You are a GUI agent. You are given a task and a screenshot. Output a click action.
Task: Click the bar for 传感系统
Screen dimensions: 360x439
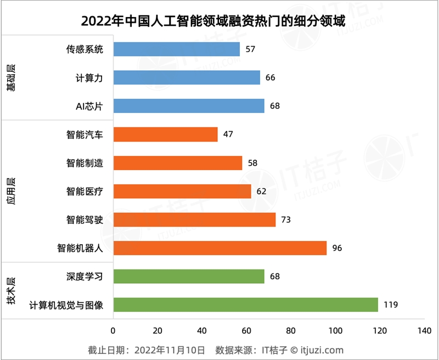[x=176, y=49]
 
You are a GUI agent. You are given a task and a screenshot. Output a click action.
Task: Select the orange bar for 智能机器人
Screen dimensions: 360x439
[x=219, y=248]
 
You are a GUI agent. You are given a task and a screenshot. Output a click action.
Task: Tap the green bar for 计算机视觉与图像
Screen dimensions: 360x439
[x=245, y=305]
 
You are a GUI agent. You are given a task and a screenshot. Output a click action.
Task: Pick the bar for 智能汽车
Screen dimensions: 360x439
[x=165, y=134]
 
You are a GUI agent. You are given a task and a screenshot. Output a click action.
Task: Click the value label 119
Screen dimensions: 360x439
[x=391, y=305]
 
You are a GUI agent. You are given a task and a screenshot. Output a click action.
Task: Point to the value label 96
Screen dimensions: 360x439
[x=337, y=248]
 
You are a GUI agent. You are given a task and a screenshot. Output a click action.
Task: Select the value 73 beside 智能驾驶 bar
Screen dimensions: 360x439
[x=285, y=220]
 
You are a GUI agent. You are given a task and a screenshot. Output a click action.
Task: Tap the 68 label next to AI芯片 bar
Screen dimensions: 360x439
[x=274, y=106]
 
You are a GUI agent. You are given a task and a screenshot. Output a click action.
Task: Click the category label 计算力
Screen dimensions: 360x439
[x=89, y=78]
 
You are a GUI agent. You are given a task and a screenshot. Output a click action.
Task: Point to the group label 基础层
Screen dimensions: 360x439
[x=10, y=77]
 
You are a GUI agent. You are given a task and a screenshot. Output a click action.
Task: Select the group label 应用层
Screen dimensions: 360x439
[x=10, y=190]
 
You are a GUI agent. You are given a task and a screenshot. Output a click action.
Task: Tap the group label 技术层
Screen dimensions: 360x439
[x=10, y=291]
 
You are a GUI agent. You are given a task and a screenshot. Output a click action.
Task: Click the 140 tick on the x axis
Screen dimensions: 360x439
[x=424, y=331]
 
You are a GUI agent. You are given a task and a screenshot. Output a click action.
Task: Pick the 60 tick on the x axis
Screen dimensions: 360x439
[x=246, y=331]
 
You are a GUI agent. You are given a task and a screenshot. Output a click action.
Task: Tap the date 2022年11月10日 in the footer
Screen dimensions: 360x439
[x=170, y=350]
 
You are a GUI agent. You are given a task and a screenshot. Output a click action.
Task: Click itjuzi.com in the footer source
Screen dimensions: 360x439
[x=321, y=350]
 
